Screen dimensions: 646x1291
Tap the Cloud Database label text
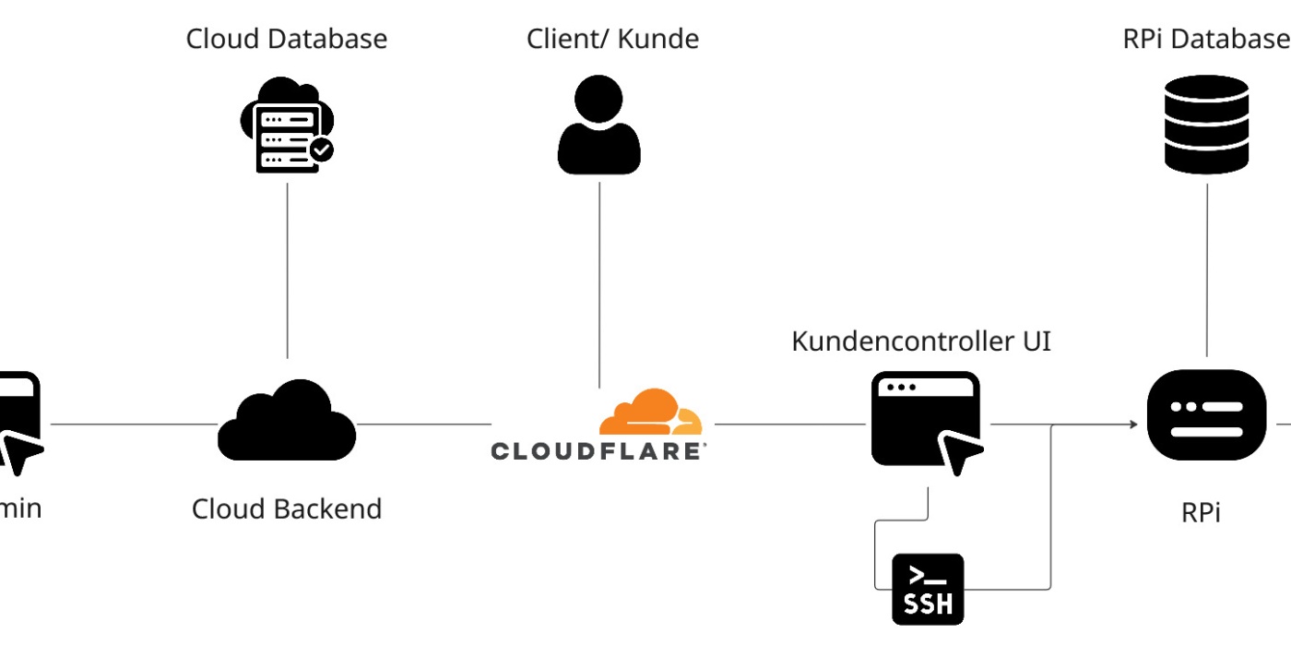(287, 39)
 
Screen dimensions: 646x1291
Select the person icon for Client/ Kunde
(598, 125)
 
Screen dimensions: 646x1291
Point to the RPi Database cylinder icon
(1206, 125)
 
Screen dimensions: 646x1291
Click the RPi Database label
(1205, 39)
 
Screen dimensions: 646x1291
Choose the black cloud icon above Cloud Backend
(287, 420)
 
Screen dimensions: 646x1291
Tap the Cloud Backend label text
(287, 508)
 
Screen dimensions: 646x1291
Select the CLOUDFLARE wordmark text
(598, 451)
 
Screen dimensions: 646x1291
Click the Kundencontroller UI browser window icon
(925, 420)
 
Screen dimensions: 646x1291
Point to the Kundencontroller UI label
(921, 341)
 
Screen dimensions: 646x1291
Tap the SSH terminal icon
(928, 589)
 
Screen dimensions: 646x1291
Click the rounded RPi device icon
(1206, 414)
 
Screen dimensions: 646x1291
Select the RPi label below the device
(1201, 512)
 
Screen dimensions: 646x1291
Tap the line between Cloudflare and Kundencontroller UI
(789, 425)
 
